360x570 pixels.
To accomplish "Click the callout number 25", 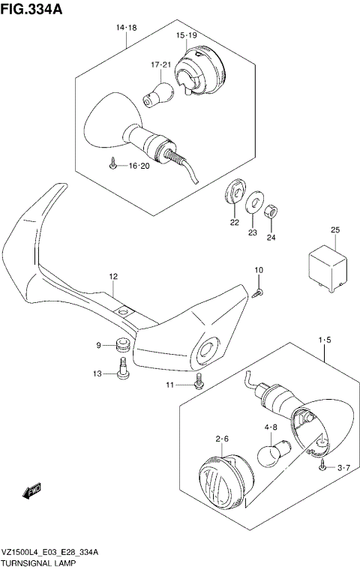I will click(x=335, y=229).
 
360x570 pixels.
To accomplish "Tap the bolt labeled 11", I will click(x=199, y=382).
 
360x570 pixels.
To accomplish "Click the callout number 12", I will click(x=113, y=277).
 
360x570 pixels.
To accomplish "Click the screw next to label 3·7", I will click(x=322, y=466).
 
